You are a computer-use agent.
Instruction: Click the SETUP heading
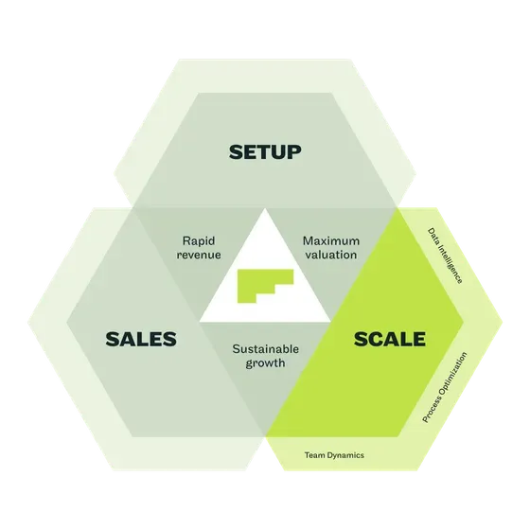[265, 152]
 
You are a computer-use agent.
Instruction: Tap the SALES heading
[141, 339]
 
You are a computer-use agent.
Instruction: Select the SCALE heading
[390, 339]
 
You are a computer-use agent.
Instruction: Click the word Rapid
[199, 241]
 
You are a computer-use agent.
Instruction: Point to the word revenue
[199, 255]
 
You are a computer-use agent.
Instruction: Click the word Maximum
[331, 241]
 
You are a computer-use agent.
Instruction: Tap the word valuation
[331, 255]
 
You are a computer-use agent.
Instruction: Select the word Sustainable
[265, 349]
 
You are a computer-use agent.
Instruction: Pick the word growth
[265, 363]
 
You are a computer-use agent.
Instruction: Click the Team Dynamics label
[334, 455]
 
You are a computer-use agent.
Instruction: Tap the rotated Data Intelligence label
[445, 256]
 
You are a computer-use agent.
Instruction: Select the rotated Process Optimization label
[445, 387]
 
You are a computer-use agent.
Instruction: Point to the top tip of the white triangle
[265, 208]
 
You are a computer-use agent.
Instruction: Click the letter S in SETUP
[236, 152]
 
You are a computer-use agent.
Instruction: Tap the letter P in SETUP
[294, 152]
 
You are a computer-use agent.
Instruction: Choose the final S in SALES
[170, 339]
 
